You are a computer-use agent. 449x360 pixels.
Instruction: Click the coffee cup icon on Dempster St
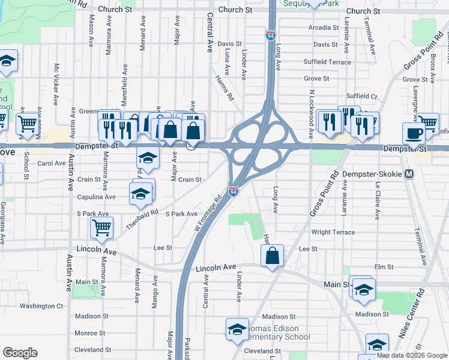tap(413, 133)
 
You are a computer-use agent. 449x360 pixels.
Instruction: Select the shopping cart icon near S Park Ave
tap(102, 227)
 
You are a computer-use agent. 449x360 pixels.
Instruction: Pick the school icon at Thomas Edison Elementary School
tap(237, 329)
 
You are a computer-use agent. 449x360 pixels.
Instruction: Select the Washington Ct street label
tap(41, 306)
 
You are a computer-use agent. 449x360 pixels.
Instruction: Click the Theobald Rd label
tap(142, 220)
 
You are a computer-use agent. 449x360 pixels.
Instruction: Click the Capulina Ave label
tap(96, 197)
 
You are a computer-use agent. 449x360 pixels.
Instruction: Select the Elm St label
tap(383, 266)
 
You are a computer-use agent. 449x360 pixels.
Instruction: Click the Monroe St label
tap(89, 333)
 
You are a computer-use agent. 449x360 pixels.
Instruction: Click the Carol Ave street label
tap(52, 163)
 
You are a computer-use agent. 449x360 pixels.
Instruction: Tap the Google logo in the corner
tap(20, 353)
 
